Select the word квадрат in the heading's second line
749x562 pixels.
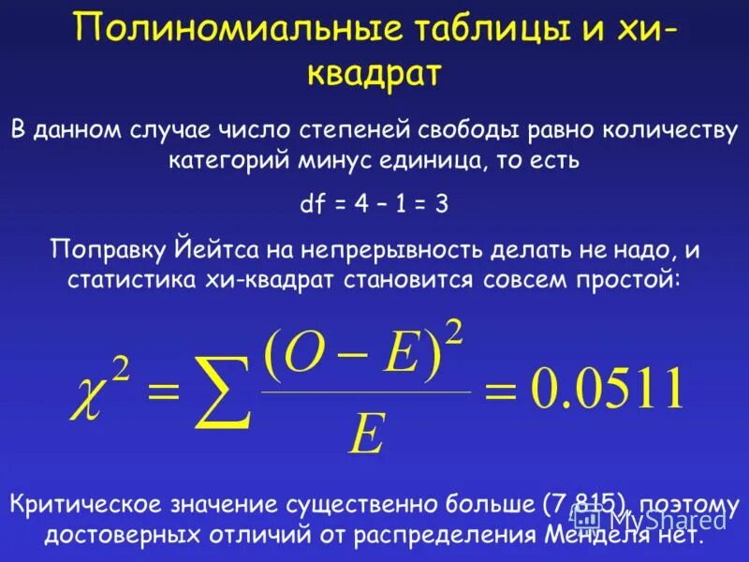(x=374, y=74)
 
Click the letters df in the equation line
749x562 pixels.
(x=312, y=205)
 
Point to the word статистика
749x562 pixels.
(x=124, y=280)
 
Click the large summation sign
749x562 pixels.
(x=219, y=393)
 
